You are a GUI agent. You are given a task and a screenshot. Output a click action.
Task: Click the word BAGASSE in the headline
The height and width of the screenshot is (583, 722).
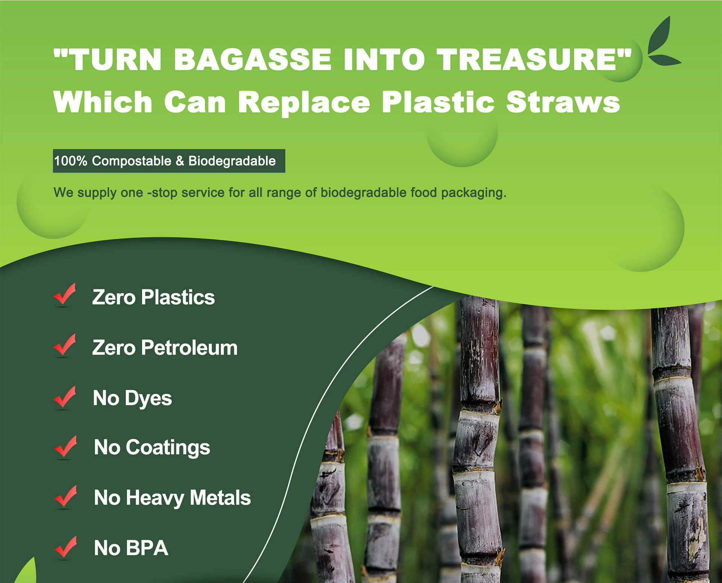click(252, 59)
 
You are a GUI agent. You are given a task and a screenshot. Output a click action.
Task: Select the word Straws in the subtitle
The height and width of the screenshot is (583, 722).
click(563, 102)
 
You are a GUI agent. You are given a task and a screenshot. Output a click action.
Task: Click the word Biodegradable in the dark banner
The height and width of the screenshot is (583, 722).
click(232, 161)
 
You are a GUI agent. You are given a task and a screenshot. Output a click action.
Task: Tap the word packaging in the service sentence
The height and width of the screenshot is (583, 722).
click(473, 193)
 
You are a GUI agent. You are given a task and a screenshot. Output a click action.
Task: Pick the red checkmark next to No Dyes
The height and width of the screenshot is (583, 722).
click(65, 397)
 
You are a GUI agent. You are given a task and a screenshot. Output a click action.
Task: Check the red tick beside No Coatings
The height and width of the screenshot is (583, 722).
click(65, 446)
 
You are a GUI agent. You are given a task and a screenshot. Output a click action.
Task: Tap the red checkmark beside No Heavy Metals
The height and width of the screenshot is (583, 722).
click(65, 496)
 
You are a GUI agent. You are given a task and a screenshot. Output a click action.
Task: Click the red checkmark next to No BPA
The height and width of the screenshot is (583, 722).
click(65, 546)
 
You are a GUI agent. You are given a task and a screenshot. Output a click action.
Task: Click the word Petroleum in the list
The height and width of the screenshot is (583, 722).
click(189, 347)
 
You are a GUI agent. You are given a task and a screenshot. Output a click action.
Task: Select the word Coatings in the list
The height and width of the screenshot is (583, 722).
click(168, 448)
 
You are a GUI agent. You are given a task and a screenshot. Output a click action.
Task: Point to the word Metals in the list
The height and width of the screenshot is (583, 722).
click(220, 498)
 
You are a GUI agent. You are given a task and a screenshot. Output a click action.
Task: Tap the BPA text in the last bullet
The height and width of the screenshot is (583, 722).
click(147, 548)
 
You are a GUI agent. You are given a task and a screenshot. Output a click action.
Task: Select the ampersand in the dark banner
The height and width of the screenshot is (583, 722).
click(180, 161)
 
